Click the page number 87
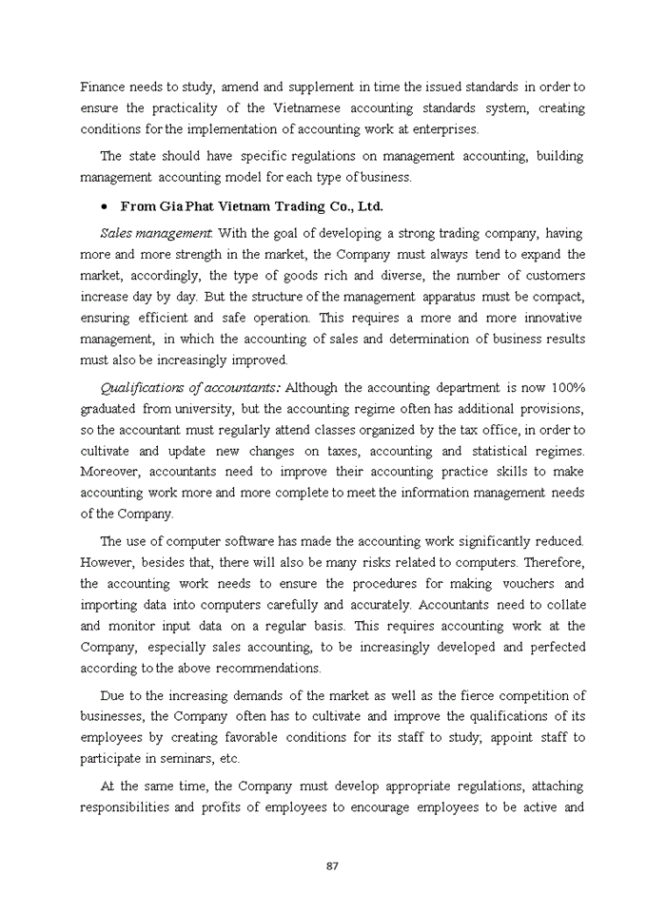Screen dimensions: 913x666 [x=332, y=865]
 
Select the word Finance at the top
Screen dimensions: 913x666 [x=103, y=87]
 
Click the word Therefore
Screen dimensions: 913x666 [x=554, y=562]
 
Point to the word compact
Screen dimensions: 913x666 [x=557, y=297]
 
